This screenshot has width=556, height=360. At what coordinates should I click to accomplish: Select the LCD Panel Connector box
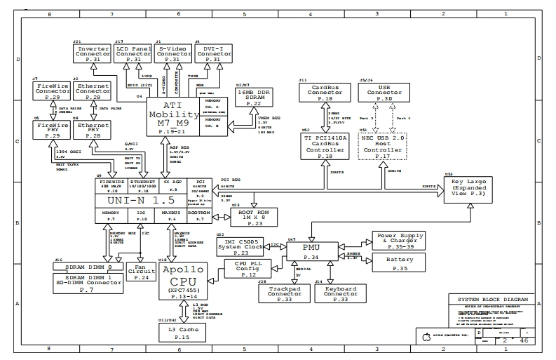tap(133, 54)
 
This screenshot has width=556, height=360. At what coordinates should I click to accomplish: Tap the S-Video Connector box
tap(173, 54)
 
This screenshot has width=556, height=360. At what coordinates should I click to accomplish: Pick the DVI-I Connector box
tap(213, 54)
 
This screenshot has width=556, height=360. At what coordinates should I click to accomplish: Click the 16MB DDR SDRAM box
tap(254, 98)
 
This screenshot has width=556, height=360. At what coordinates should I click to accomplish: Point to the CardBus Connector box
tap(325, 95)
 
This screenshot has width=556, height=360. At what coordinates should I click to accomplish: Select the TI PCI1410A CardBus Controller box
tap(325, 146)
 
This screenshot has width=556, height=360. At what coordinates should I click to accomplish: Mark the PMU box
tap(311, 252)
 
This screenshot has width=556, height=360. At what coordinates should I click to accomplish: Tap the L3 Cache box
tap(178, 332)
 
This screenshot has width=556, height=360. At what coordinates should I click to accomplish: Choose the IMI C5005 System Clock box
tap(241, 246)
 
